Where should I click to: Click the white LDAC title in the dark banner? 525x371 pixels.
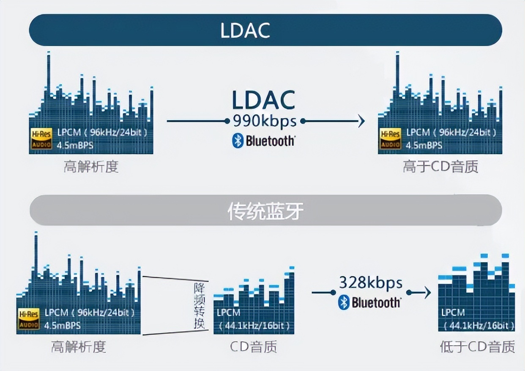245,30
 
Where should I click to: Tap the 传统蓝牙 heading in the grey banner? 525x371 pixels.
265,210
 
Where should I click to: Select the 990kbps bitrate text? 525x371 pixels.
265,121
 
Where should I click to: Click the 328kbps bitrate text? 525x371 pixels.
371,283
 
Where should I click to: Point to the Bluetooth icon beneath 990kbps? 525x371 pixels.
238,141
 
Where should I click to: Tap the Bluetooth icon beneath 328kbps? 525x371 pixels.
344,302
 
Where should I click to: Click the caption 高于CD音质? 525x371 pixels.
440,167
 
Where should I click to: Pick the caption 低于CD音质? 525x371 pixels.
477,347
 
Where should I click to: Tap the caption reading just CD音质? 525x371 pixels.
254,347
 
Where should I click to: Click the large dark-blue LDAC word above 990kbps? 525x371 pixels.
263,100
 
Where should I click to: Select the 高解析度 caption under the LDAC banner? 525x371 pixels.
91,167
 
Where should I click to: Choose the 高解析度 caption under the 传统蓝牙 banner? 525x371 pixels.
78,347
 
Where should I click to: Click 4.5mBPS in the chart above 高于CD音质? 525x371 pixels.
424,145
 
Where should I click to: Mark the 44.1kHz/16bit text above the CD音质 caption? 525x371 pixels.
254,326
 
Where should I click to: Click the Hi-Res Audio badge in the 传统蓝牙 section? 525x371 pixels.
29,319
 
